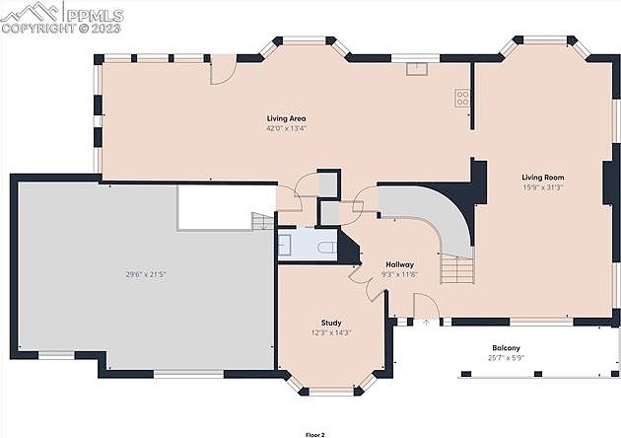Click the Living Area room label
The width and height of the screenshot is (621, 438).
click(286, 118)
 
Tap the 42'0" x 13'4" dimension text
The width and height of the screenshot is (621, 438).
click(286, 128)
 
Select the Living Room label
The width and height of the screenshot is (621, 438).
click(542, 178)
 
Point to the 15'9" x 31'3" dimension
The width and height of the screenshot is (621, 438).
click(542, 187)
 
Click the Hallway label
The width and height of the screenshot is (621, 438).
click(399, 264)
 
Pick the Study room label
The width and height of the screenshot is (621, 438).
click(331, 323)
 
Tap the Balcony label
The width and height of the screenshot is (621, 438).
click(506, 348)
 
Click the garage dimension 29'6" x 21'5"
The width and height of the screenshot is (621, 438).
click(145, 274)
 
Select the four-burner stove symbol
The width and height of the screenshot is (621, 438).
click(462, 98)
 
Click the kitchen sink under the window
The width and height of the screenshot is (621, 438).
click(417, 69)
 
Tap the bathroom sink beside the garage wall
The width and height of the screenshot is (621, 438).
click(284, 245)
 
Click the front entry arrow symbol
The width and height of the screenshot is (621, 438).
click(427, 322)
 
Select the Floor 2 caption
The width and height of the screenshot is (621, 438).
click(315, 435)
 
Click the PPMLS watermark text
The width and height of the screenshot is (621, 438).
click(95, 16)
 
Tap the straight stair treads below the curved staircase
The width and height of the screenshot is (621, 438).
click(457, 268)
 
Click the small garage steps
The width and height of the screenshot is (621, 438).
click(262, 221)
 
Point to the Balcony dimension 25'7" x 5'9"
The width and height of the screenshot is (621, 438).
click(506, 358)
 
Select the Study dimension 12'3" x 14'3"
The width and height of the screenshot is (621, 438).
click(331, 333)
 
